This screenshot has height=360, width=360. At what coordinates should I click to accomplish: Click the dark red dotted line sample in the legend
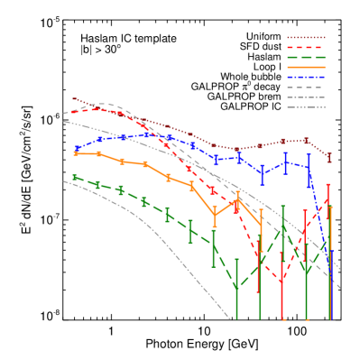coord(306,37)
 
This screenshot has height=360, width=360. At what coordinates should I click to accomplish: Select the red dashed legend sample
coord(306,47)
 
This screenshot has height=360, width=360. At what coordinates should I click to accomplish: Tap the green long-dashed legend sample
coord(306,57)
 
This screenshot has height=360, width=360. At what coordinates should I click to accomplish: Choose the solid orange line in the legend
coord(306,67)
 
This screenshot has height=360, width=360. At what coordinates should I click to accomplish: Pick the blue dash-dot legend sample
coord(306,77)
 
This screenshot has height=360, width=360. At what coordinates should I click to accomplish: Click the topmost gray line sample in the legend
coord(306,87)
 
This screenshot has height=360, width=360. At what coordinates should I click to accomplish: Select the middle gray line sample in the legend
coord(306,97)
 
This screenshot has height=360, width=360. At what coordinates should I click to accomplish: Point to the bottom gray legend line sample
coord(306,106)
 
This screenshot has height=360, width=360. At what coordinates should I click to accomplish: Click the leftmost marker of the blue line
coord(76,148)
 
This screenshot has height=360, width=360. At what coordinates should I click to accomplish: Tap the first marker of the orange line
coord(76,153)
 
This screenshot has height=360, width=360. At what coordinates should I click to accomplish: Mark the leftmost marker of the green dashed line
coord(75,177)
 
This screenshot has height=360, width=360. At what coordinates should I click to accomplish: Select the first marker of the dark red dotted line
coord(74,99)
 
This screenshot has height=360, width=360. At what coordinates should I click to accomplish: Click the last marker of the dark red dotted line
coord(329,158)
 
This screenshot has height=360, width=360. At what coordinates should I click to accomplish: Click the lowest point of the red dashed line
coord(282,281)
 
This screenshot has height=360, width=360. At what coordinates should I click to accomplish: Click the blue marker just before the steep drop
coord(308,167)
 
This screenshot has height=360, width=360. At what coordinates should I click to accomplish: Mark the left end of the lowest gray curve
coord(64,180)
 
